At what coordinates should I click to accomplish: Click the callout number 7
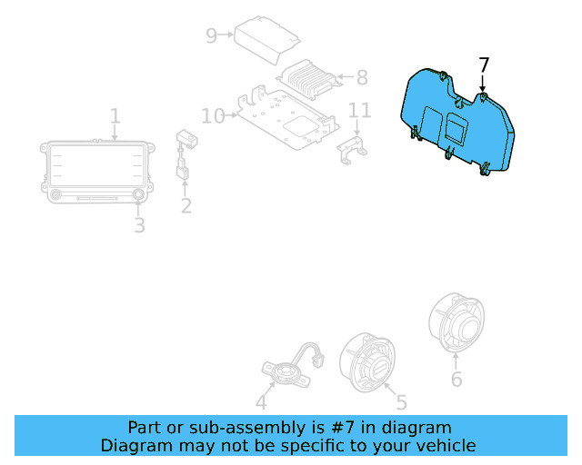click(x=484, y=65)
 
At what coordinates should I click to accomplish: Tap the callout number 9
click(x=211, y=35)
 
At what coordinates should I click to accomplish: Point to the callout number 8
click(x=361, y=78)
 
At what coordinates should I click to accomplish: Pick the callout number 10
click(x=213, y=116)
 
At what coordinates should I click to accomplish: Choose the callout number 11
click(x=360, y=111)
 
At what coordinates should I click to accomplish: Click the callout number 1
click(x=115, y=116)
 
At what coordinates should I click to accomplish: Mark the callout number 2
click(x=186, y=206)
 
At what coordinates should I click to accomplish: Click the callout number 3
click(x=139, y=224)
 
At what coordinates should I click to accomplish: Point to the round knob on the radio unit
click(x=139, y=194)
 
